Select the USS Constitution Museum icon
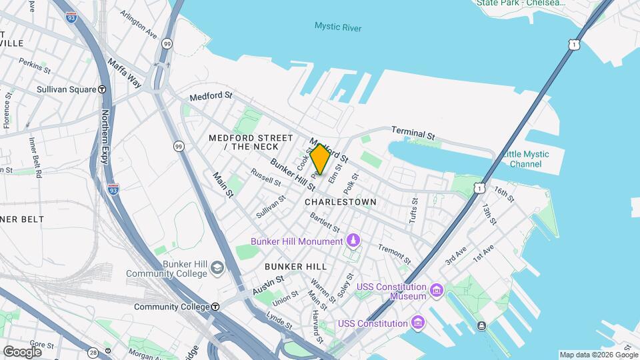pyautogui.click(x=437, y=291)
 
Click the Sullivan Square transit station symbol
pyautogui.click(x=102, y=89)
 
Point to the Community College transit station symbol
pyautogui.click(x=215, y=307)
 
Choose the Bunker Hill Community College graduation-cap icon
pyautogui.click(x=217, y=269)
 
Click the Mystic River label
pyautogui.click(x=338, y=27)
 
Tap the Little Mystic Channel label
pyautogui.click(x=526, y=159)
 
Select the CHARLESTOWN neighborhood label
pyautogui.click(x=340, y=201)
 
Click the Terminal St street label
pyautogui.click(x=413, y=133)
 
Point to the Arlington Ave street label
pyautogui.click(x=139, y=24)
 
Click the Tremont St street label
pyautogui.click(x=394, y=251)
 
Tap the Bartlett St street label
pyautogui.click(x=325, y=223)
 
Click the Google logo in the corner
pyautogui.click(x=22, y=351)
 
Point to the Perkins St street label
pyautogui.click(x=35, y=65)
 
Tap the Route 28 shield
pyautogui.click(x=92, y=352)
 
